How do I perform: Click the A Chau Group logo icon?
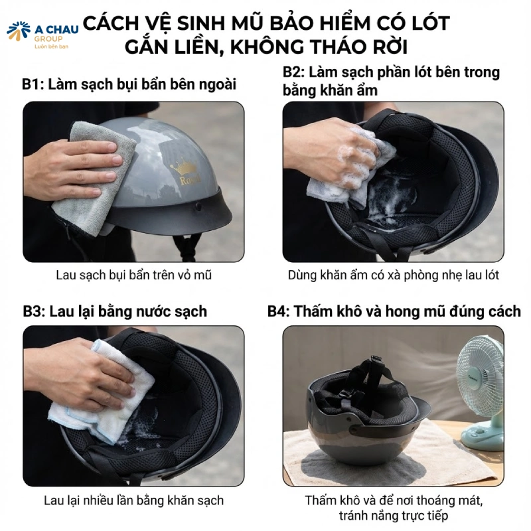(18, 31)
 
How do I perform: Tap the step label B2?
(295, 72)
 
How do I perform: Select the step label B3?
(35, 311)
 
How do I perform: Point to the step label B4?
(279, 311)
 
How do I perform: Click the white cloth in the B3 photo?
(100, 392)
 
